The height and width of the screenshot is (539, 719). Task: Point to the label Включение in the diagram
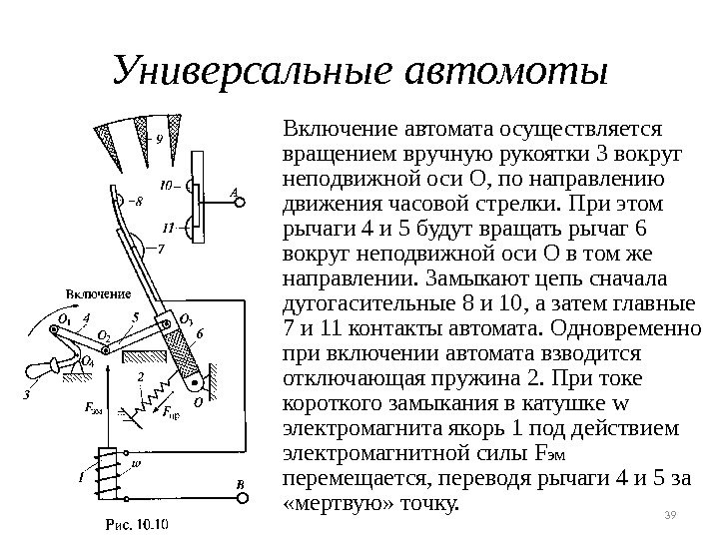tap(100, 292)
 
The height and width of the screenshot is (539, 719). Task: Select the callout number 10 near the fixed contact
tap(168, 185)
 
